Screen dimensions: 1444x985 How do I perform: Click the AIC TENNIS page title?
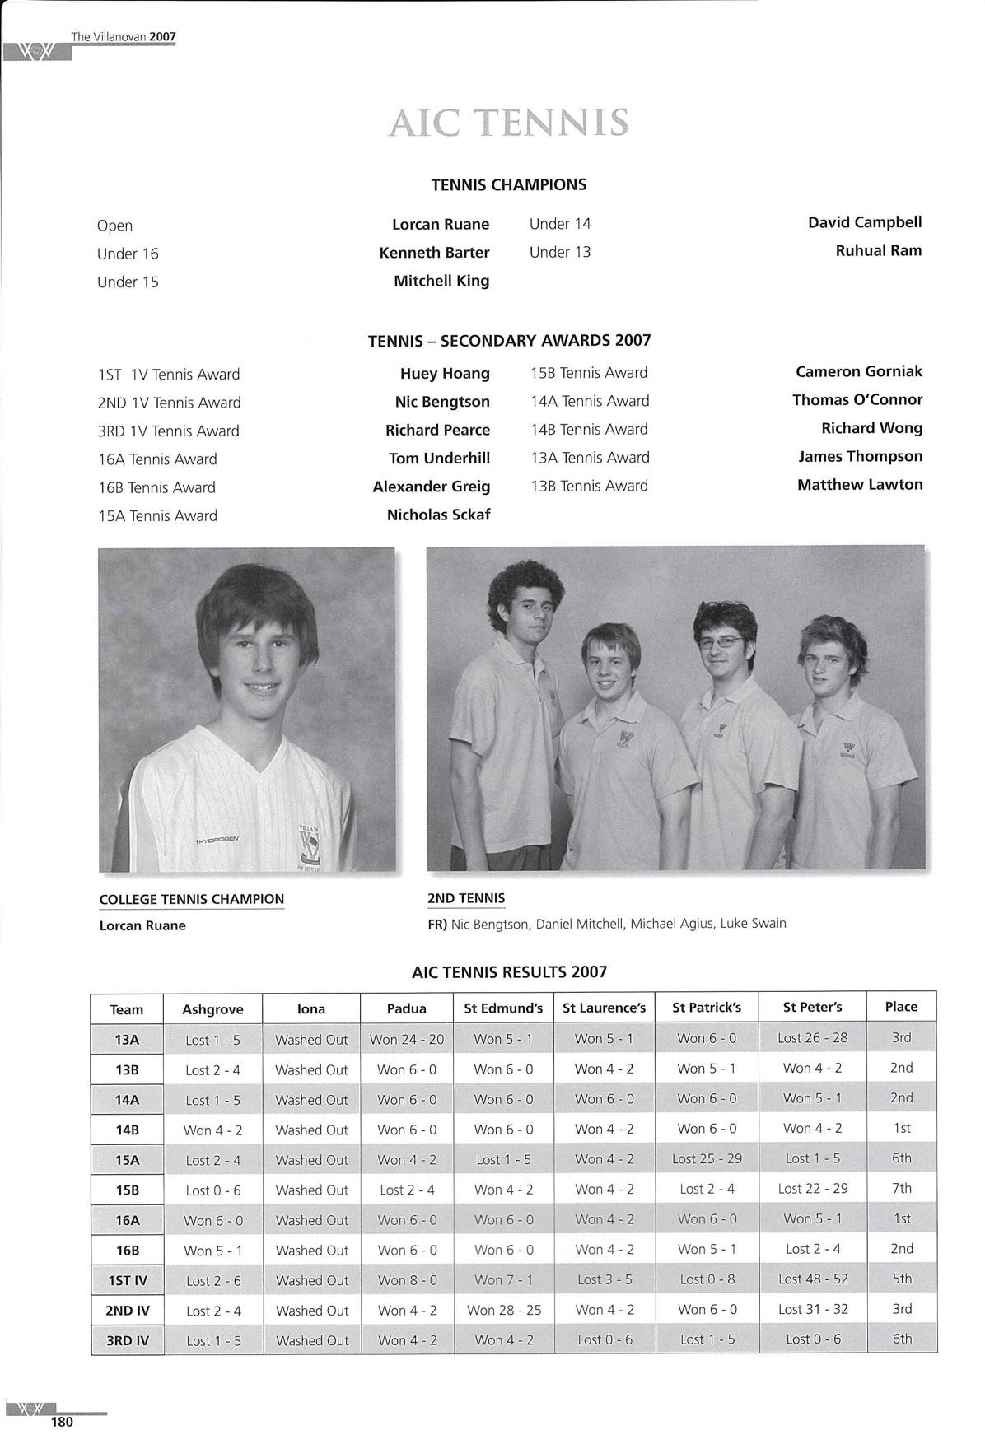[508, 123]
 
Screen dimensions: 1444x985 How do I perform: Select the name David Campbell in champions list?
[864, 222]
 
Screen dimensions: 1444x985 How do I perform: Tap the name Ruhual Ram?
[878, 250]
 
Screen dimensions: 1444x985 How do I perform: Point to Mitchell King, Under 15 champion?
[441, 281]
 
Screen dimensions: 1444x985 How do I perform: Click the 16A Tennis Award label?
[157, 459]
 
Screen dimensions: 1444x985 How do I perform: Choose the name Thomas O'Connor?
[857, 400]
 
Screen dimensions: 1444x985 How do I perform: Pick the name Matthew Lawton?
[859, 485]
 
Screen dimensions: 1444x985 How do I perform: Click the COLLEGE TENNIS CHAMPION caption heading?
[191, 899]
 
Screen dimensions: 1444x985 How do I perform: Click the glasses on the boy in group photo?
[721, 640]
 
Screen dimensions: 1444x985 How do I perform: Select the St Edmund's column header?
[503, 1008]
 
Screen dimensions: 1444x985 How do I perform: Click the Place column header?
[901, 1007]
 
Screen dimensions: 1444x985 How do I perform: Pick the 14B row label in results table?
[127, 1130]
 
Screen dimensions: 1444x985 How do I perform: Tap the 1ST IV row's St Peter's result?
[812, 1279]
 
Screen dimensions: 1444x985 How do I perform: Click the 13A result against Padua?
[406, 1039]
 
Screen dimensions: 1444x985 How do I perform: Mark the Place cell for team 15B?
[901, 1189]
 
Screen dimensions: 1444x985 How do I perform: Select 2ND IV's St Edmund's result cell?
[503, 1310]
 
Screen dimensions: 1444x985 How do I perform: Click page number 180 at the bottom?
[62, 1422]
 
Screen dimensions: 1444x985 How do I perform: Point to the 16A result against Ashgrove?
[212, 1220]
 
